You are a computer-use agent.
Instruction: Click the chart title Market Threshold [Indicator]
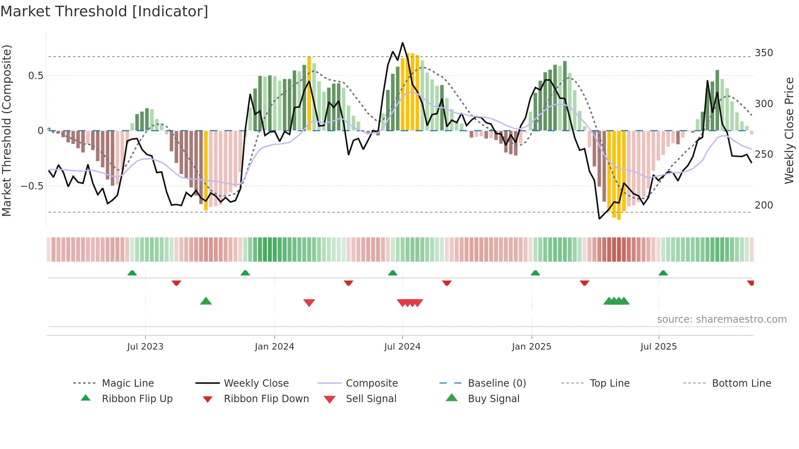click(104, 11)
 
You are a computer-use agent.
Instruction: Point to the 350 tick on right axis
click(764, 53)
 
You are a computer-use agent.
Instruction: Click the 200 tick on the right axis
click(764, 205)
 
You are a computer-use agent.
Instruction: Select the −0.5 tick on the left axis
click(32, 186)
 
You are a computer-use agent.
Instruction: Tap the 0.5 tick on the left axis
click(35, 75)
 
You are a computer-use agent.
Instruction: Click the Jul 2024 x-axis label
click(402, 347)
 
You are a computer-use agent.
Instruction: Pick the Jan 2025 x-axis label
click(531, 347)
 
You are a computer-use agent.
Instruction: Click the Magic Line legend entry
click(128, 383)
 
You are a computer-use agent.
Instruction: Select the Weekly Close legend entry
click(256, 383)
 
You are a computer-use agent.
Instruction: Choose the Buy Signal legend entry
click(493, 399)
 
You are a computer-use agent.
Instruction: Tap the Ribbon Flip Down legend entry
click(266, 399)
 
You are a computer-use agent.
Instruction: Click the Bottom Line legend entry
click(741, 383)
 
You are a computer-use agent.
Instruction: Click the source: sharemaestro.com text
click(722, 319)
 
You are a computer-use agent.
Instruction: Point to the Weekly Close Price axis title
click(789, 130)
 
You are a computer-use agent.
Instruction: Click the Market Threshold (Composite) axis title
click(7, 130)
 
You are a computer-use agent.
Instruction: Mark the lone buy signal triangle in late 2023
click(206, 301)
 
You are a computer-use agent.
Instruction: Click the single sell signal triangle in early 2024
click(309, 303)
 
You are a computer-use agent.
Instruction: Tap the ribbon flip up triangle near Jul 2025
click(663, 273)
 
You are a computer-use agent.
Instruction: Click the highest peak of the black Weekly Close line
click(402, 43)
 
